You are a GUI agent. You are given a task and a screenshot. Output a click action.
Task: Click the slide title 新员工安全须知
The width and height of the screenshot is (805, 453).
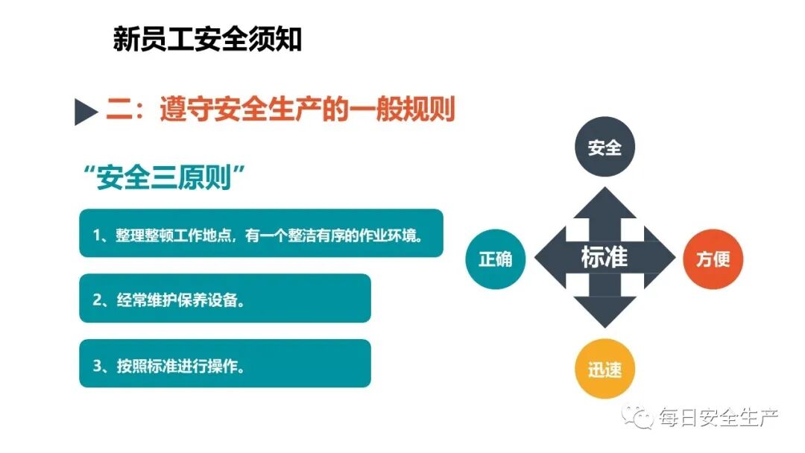(x=207, y=39)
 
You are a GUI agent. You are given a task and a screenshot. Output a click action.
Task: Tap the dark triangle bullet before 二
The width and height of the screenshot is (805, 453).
(x=86, y=113)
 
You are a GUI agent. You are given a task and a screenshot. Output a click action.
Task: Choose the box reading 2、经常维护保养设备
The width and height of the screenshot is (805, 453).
(x=224, y=299)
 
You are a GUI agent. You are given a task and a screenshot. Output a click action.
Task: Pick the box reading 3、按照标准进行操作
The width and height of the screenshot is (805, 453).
(x=224, y=364)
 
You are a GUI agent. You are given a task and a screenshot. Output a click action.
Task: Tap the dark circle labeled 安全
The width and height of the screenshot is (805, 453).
(x=604, y=148)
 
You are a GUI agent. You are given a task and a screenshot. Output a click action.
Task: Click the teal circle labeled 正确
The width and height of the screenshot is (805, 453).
(x=495, y=259)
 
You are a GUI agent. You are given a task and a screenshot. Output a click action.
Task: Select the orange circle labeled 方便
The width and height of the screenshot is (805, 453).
(x=713, y=259)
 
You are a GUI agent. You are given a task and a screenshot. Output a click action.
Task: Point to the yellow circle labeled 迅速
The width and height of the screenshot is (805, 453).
(x=604, y=370)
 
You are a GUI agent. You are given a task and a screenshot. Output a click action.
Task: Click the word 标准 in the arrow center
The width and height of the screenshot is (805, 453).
(x=604, y=258)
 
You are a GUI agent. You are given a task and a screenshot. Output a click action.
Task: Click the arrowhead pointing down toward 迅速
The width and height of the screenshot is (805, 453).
(x=604, y=313)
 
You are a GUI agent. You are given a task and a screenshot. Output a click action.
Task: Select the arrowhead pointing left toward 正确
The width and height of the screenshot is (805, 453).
(x=551, y=259)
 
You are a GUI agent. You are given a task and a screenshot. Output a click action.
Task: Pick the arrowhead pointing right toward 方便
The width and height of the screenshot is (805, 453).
(x=659, y=259)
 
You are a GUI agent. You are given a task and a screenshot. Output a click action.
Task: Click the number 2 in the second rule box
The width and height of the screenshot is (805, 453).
(x=97, y=300)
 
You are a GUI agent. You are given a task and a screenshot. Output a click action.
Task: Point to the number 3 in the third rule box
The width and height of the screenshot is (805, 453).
(x=97, y=364)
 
